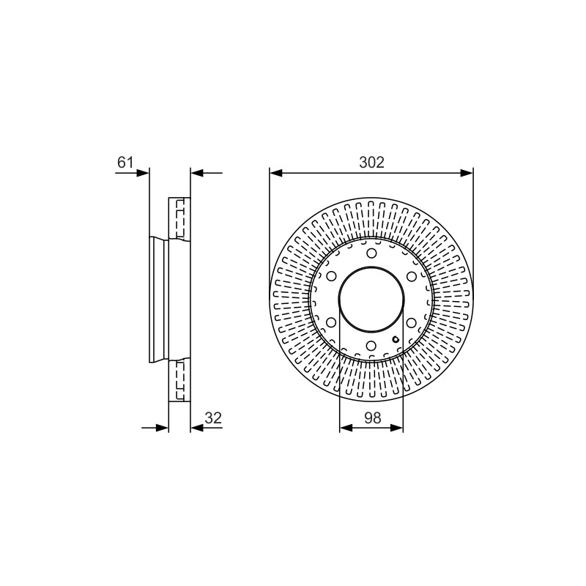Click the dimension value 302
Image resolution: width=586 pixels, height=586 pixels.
click(x=371, y=162)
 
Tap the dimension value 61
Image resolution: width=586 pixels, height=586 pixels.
click(x=125, y=162)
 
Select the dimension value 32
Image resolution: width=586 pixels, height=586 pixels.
click(x=213, y=418)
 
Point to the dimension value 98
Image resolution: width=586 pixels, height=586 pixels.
click(x=373, y=418)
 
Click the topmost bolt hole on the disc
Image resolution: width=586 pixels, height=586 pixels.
click(x=371, y=253)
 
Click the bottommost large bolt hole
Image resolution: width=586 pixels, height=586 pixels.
click(x=371, y=345)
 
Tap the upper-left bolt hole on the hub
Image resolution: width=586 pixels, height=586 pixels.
click(x=331, y=277)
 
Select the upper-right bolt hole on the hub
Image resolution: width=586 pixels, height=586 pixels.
click(x=412, y=277)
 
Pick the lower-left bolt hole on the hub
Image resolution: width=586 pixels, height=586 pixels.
click(x=331, y=322)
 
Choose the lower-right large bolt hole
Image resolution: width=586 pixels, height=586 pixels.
click(x=412, y=322)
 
